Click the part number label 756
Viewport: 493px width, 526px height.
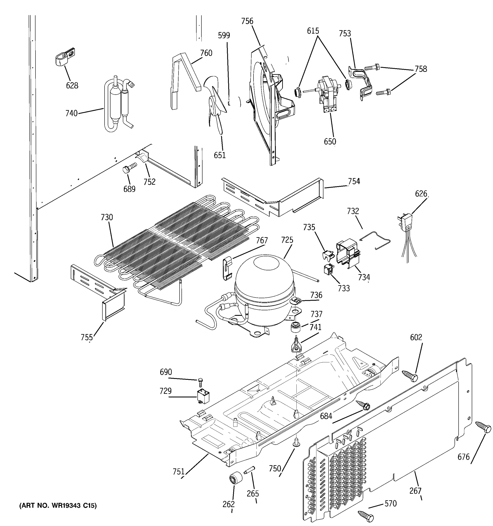coord(247,21)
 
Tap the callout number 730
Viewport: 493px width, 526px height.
coord(107,217)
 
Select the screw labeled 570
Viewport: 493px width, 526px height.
coord(366,516)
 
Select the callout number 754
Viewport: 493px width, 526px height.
coord(354,181)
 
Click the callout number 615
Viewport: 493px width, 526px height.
coord(313,31)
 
